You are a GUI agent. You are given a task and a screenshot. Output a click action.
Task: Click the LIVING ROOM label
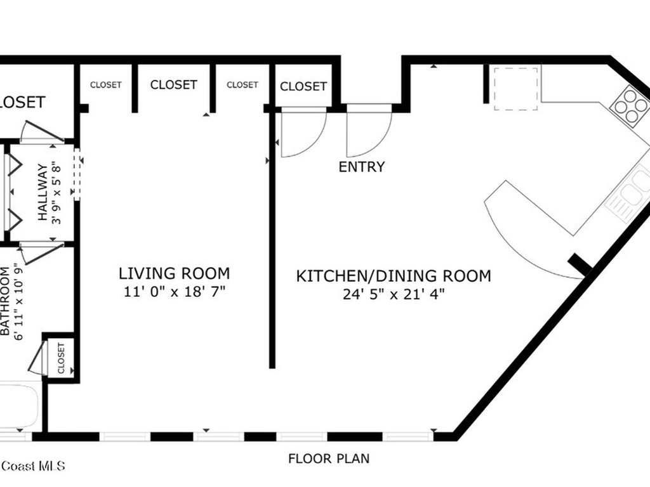[x=174, y=273]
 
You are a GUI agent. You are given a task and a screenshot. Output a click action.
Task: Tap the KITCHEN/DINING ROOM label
[x=394, y=276]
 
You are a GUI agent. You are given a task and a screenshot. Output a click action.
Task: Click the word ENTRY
[x=361, y=167]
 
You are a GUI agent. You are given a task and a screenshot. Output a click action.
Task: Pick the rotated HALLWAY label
[x=43, y=192]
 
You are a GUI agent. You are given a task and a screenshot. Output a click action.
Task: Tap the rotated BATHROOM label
[x=6, y=301]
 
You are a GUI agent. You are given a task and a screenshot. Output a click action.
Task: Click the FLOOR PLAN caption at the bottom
[x=328, y=458]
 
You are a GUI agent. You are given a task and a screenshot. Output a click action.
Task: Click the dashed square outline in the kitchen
[x=517, y=88]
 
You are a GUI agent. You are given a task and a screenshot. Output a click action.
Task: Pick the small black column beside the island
[x=579, y=264]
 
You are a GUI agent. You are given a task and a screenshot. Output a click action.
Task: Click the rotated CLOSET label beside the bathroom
[x=62, y=358]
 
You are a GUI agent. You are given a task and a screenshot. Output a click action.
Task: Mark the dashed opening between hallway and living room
[x=77, y=174]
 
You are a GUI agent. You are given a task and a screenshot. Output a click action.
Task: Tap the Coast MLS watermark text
[x=32, y=466]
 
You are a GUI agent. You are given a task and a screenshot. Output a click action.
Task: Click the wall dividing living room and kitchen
[x=272, y=254]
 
